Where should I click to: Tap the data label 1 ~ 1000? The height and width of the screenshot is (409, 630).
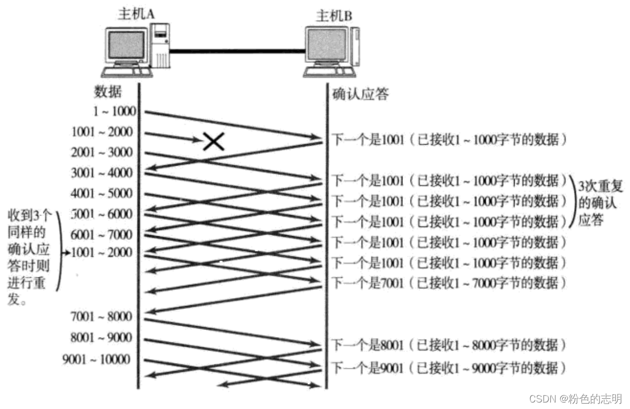[x=113, y=112]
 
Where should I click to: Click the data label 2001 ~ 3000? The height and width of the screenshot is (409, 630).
[x=101, y=152]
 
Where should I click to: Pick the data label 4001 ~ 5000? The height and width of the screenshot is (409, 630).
[x=101, y=193]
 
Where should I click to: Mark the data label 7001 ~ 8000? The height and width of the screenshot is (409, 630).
[x=101, y=316]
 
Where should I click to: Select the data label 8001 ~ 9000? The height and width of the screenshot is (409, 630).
[x=101, y=337]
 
